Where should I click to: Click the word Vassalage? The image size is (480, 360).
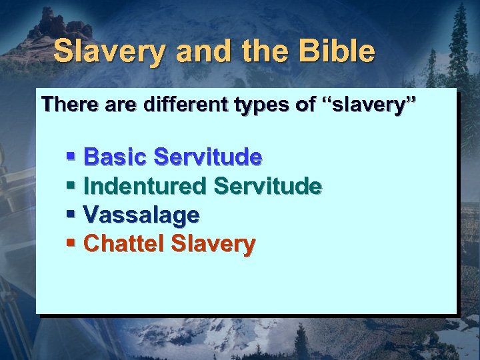point(141,215)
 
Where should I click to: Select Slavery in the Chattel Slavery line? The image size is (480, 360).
point(213,245)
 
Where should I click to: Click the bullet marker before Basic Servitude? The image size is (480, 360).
point(71,157)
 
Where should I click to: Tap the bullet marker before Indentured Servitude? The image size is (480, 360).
point(71,187)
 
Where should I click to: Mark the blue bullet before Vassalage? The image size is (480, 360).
point(71,215)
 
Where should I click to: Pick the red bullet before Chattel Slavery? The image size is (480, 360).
point(71,244)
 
